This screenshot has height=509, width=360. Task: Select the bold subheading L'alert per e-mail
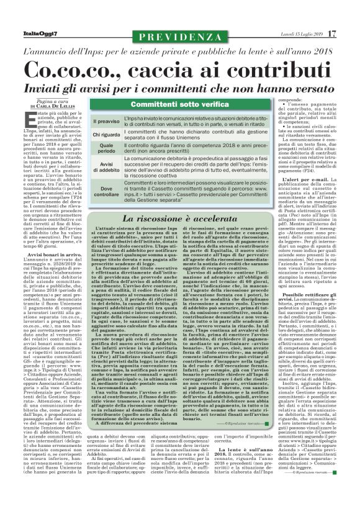click(294, 180)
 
